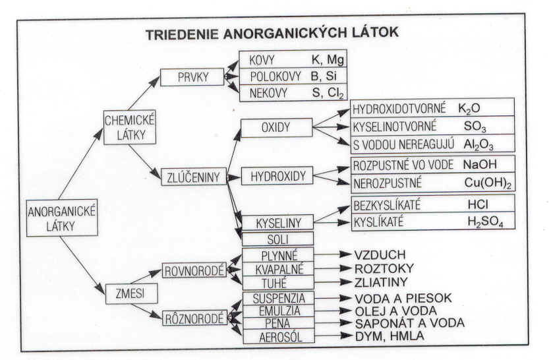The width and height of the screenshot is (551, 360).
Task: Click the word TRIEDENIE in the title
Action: [x=182, y=34]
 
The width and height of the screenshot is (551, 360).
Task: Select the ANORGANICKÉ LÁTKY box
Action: [x=62, y=218]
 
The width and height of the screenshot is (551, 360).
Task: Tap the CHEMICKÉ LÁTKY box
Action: [x=130, y=127]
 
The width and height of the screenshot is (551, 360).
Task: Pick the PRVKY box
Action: [x=192, y=77]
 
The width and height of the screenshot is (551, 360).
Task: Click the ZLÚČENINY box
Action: [x=194, y=177]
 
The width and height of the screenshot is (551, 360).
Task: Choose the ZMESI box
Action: [x=131, y=293]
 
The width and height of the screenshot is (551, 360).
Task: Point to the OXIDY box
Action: [x=277, y=128]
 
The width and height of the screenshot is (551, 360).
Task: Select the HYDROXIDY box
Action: [x=277, y=176]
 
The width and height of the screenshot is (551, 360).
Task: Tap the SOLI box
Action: [x=277, y=239]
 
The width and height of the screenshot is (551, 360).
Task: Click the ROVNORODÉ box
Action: [x=194, y=271]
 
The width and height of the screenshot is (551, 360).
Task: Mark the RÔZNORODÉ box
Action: [x=194, y=318]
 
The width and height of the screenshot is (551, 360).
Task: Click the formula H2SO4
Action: [x=485, y=222]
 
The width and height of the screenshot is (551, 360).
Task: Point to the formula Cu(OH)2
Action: [x=488, y=183]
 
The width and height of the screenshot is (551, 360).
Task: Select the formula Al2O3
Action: [x=478, y=144]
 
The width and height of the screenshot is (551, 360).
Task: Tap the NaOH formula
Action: [x=480, y=164]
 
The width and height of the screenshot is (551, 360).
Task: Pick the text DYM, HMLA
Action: [x=390, y=336]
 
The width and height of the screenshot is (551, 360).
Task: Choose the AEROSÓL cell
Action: [x=279, y=337]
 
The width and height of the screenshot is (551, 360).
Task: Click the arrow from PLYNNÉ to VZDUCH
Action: [x=333, y=255]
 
